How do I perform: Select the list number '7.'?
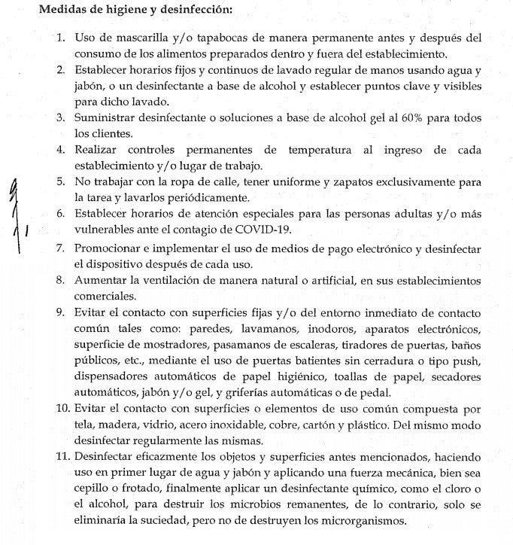click(61, 248)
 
